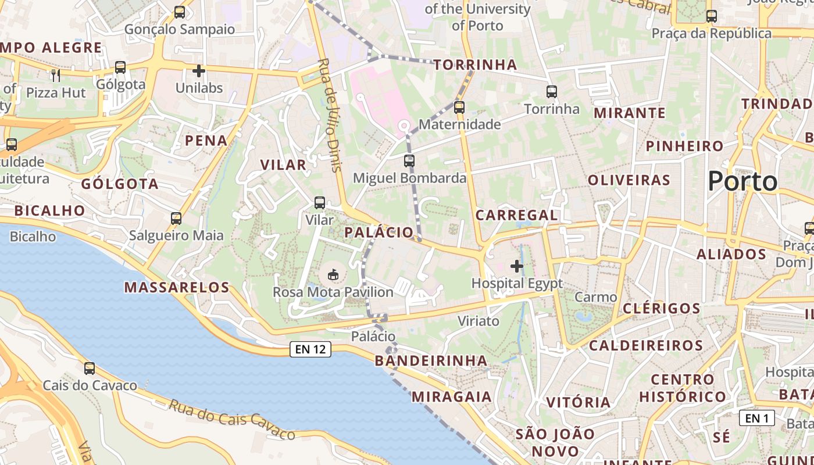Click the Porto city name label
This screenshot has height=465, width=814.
pyautogui.click(x=742, y=181)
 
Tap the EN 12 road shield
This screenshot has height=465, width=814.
pyautogui.click(x=310, y=349)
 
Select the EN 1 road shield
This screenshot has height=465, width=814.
pyautogui.click(x=756, y=418)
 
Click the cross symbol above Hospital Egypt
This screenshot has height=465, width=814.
pyautogui.click(x=516, y=266)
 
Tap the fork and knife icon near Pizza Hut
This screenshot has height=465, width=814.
pyautogui.click(x=56, y=75)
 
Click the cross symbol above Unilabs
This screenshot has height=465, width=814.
pyautogui.click(x=199, y=71)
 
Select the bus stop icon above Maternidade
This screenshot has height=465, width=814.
pyautogui.click(x=459, y=107)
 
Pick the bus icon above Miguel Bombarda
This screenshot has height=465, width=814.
pyautogui.click(x=409, y=161)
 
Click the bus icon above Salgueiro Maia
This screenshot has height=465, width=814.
pyautogui.click(x=176, y=219)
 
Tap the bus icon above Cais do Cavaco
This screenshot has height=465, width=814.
pyautogui.click(x=90, y=368)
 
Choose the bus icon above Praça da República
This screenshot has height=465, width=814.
pyautogui.click(x=711, y=16)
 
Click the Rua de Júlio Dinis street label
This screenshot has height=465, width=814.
pyautogui.click(x=329, y=115)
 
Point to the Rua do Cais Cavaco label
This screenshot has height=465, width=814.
pyautogui.click(x=232, y=419)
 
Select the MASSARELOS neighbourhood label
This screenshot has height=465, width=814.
pyautogui.click(x=177, y=287)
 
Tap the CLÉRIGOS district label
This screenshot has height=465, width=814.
pyautogui.click(x=662, y=308)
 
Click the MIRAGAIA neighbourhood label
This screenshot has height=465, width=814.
pyautogui.click(x=451, y=397)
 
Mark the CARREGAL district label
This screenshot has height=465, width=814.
pyautogui.click(x=516, y=215)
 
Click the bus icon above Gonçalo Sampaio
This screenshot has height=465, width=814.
pyautogui.click(x=180, y=12)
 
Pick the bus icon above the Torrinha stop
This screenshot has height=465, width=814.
pyautogui.click(x=551, y=91)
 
